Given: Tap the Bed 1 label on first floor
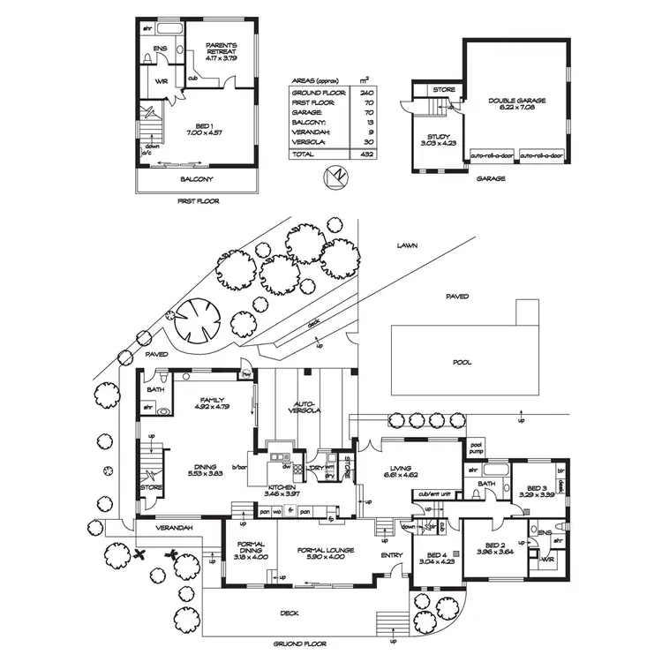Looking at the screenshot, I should click(198, 128).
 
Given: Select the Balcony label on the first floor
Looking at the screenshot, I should click(198, 180).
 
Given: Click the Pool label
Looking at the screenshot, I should click(462, 362).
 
